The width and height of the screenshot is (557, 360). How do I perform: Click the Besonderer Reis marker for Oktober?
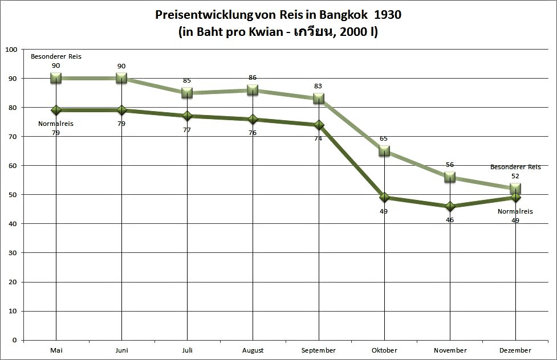(x=384, y=151)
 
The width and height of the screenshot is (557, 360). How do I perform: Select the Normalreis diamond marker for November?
(x=450, y=206)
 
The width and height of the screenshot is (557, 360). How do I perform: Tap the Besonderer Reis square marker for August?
(x=253, y=90)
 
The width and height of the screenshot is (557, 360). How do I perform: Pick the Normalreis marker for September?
(x=318, y=125)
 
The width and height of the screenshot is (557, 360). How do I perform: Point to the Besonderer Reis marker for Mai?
(x=56, y=78)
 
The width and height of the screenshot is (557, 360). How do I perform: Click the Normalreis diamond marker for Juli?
(x=187, y=116)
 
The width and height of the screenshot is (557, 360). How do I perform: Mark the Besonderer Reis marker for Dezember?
(x=515, y=189)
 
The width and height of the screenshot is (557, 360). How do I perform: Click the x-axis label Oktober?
(x=384, y=350)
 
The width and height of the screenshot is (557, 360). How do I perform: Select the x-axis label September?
(x=318, y=350)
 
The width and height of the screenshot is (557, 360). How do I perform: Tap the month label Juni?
(x=121, y=350)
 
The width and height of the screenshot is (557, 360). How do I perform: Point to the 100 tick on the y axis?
(x=10, y=49)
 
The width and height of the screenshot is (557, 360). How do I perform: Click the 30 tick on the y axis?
(x=12, y=253)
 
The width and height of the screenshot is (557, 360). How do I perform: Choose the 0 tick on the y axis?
(x=14, y=340)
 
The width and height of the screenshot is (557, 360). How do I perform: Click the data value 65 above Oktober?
(x=384, y=138)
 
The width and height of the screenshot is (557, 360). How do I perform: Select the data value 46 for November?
(x=450, y=219)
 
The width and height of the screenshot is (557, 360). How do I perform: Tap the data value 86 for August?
(x=253, y=77)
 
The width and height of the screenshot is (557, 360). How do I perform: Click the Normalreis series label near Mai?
(x=56, y=124)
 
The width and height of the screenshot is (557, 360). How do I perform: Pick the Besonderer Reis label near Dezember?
(x=515, y=167)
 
